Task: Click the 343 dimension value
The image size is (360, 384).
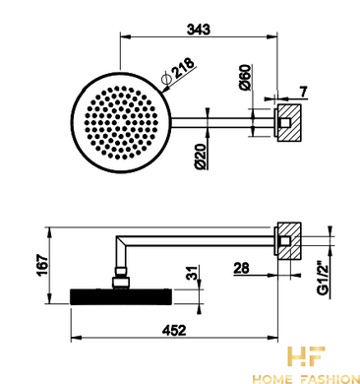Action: pos(199,30)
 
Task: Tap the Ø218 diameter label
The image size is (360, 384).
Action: pos(179,72)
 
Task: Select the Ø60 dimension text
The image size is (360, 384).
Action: pos(245,78)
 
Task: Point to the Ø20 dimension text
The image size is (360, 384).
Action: pos(201,157)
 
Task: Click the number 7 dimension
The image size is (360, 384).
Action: pos(304,92)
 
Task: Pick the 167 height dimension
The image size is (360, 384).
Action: pos(42,265)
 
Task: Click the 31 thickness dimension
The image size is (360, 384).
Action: pos(195,273)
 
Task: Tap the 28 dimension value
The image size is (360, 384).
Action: pos(242,268)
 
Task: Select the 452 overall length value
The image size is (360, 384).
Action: pos(174,330)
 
